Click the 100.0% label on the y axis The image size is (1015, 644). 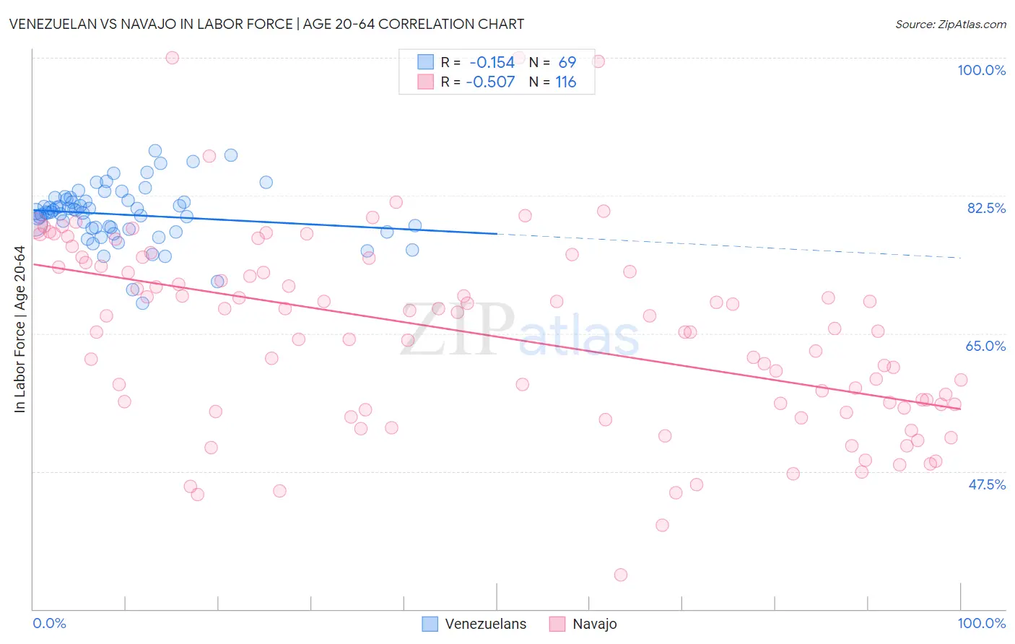coord(981,70)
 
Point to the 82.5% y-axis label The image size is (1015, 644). coord(986,208)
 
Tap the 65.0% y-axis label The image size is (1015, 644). coord(985,346)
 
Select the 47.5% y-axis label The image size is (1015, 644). coord(986,484)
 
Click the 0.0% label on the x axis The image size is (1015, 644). coord(49,623)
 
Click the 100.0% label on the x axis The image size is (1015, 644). coord(981,623)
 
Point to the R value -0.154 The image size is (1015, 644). coord(492,63)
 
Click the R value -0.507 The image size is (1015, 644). coord(490,82)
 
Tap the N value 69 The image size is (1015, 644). coord(567,63)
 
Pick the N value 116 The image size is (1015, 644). coord(566,82)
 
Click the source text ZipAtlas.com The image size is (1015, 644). coord(950,25)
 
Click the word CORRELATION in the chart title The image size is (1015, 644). coord(419,24)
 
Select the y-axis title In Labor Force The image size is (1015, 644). coord(19,329)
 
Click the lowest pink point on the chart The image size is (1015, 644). coord(621,575)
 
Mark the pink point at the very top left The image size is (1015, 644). coord(172,58)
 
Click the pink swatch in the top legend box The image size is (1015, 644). coord(425,82)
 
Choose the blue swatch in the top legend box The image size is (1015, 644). coord(425,62)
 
